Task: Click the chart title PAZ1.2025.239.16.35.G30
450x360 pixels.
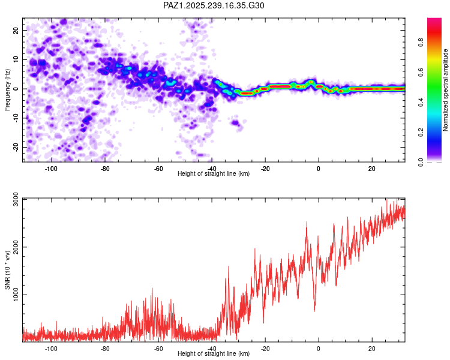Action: pyautogui.click(x=214, y=5)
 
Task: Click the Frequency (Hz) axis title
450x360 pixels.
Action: pyautogui.click(x=7, y=90)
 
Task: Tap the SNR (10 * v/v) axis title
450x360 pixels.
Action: pyautogui.click(x=7, y=270)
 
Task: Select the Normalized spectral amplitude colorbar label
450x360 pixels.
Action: pyautogui.click(x=445, y=90)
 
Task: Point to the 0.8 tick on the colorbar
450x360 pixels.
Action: pyautogui.click(x=421, y=43)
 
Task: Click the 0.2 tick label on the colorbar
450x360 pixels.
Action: pyautogui.click(x=421, y=133)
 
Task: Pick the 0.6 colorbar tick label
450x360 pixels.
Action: pyautogui.click(x=421, y=73)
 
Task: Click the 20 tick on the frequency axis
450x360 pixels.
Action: pyautogui.click(x=16, y=31)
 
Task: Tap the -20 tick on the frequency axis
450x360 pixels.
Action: pyautogui.click(x=16, y=147)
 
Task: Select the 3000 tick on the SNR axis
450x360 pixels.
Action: pyautogui.click(x=16, y=199)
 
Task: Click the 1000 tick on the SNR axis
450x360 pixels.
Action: pyautogui.click(x=16, y=295)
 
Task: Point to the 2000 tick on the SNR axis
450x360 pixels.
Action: pyautogui.click(x=16, y=247)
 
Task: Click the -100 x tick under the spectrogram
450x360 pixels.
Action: pyautogui.click(x=51, y=169)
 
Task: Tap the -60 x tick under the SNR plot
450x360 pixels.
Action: pyautogui.click(x=158, y=349)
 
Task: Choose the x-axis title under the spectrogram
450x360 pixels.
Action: pyautogui.click(x=214, y=173)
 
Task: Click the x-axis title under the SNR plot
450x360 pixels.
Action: pyautogui.click(x=214, y=353)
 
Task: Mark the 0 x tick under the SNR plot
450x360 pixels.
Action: pyautogui.click(x=319, y=349)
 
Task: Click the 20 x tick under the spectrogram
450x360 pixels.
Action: pyautogui.click(x=372, y=169)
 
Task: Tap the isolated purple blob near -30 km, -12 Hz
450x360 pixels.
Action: pyautogui.click(x=236, y=123)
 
